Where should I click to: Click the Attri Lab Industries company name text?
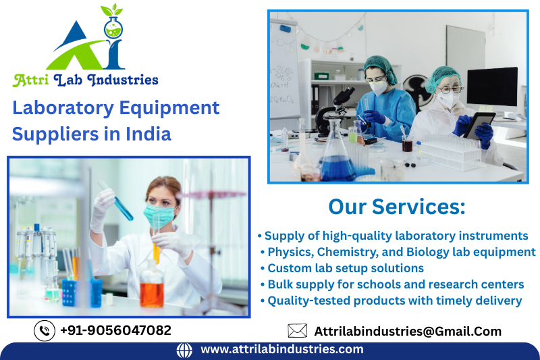(x=86, y=80)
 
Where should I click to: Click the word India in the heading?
(x=148, y=133)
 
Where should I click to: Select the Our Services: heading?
(x=396, y=207)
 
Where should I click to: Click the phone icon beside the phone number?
(x=45, y=330)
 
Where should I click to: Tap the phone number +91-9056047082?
(x=115, y=330)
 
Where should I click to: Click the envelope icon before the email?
(x=297, y=331)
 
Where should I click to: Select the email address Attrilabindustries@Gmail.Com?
(x=408, y=331)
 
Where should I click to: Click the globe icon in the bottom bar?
(x=184, y=350)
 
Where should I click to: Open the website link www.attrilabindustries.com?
(x=281, y=350)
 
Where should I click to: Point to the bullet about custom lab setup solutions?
(x=342, y=268)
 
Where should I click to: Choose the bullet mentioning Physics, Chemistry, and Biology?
(x=398, y=252)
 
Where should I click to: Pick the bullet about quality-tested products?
(x=391, y=301)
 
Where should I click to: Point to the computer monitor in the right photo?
(x=492, y=88)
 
